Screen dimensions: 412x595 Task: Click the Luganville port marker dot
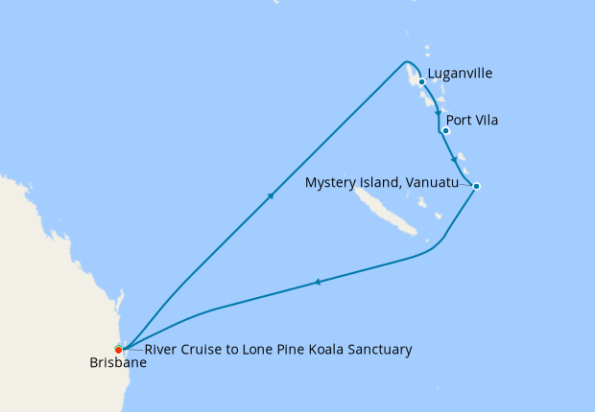[421, 81]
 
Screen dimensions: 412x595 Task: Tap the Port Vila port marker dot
[445, 130]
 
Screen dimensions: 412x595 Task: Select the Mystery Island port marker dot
[476, 185]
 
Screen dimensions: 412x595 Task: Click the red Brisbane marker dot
[118, 349]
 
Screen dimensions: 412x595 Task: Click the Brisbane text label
[118, 364]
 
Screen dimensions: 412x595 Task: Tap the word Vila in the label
[485, 122]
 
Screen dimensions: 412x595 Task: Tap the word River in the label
[160, 350]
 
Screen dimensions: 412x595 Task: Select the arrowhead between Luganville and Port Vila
[439, 110]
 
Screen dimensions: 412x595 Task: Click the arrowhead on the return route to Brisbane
[317, 282]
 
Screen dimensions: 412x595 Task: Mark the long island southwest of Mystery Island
[384, 211]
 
